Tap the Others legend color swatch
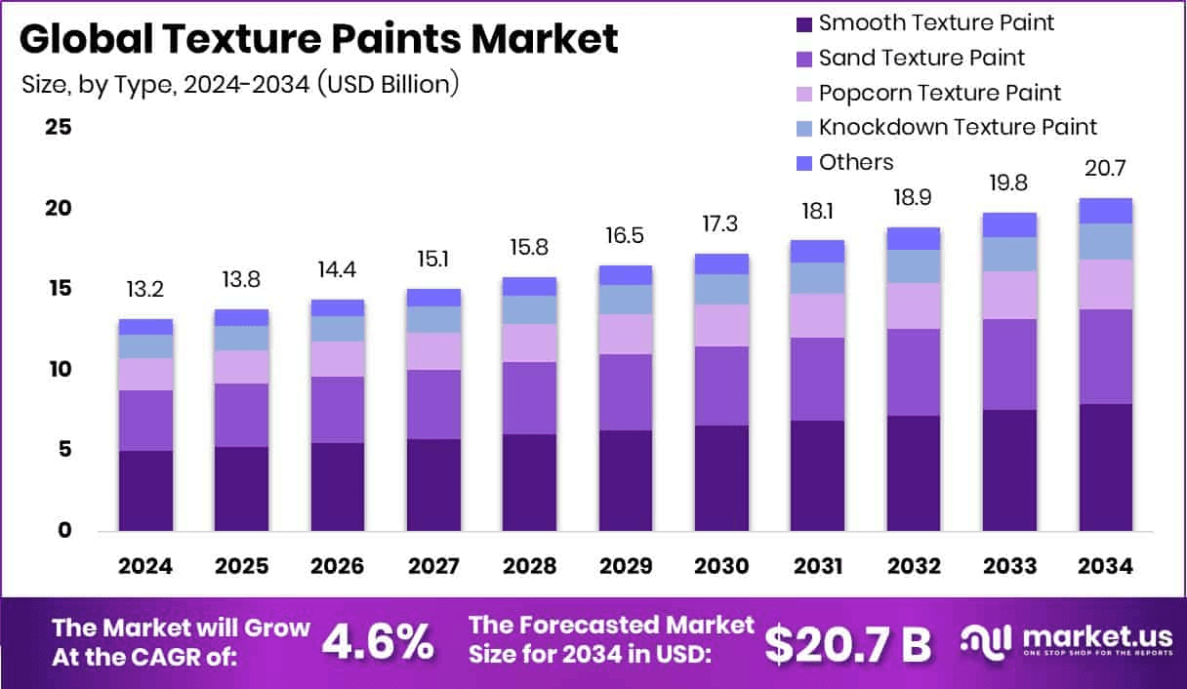tap(804, 162)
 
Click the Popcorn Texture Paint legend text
tap(939, 93)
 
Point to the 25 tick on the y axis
tap(58, 128)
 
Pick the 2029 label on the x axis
tap(625, 567)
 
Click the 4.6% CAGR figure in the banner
tap(377, 641)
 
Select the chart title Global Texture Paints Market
tap(318, 39)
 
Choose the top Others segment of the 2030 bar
tap(720, 263)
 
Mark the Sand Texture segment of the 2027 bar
tap(432, 404)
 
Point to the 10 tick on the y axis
tap(58, 369)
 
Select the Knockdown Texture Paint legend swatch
tap(804, 128)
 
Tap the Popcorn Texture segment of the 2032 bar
tap(913, 305)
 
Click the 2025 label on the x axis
tap(241, 567)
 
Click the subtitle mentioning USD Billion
tap(240, 85)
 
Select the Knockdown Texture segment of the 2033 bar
tap(1008, 254)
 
